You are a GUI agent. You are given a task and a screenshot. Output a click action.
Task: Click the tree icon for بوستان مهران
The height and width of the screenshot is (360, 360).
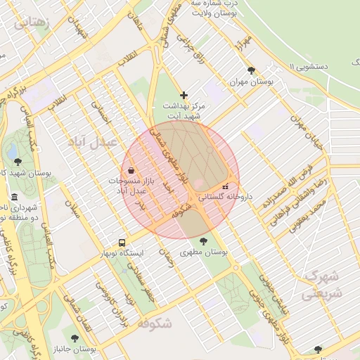pyautogui.click(x=252, y=70)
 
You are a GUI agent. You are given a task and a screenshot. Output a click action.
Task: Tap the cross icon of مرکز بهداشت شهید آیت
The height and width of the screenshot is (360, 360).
pyautogui.click(x=184, y=94)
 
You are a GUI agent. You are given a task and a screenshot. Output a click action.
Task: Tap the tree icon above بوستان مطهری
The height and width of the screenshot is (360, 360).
pyautogui.click(x=203, y=240)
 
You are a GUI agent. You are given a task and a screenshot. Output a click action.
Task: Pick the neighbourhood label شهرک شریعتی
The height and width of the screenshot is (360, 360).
pyautogui.click(x=321, y=284)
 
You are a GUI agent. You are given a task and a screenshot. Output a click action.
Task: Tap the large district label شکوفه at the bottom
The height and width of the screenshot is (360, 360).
pyautogui.click(x=154, y=323)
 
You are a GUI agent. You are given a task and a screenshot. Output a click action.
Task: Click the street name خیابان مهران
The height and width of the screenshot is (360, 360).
pyautogui.click(x=309, y=133)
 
